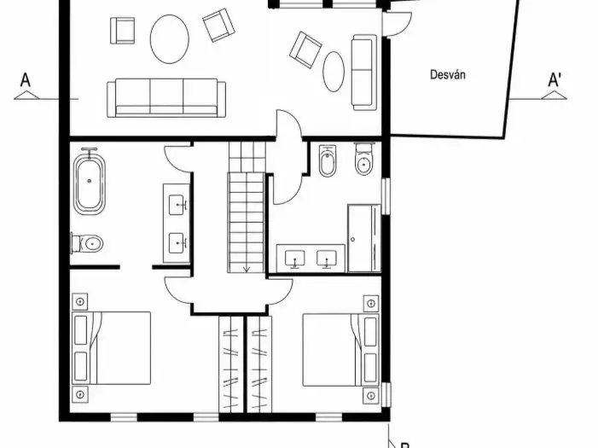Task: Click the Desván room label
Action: [x=447, y=74]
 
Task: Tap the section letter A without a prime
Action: [x=26, y=80]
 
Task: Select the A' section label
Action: [x=554, y=80]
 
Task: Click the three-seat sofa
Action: [x=166, y=97]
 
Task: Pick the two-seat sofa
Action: [x=364, y=73]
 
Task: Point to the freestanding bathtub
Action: [x=90, y=182]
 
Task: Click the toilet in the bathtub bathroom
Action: [x=87, y=243]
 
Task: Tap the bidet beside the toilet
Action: [x=328, y=160]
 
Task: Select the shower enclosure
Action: [x=364, y=238]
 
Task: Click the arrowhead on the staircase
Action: [x=247, y=269]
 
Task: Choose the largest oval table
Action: [x=169, y=39]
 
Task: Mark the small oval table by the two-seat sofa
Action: [x=334, y=72]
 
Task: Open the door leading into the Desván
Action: [x=397, y=25]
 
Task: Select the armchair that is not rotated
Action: [x=123, y=31]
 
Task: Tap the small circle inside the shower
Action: [x=353, y=240]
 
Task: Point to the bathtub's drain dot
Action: [x=90, y=181]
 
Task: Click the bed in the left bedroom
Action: [x=112, y=348]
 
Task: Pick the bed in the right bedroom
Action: [x=341, y=350]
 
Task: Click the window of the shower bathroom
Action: [x=386, y=196]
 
